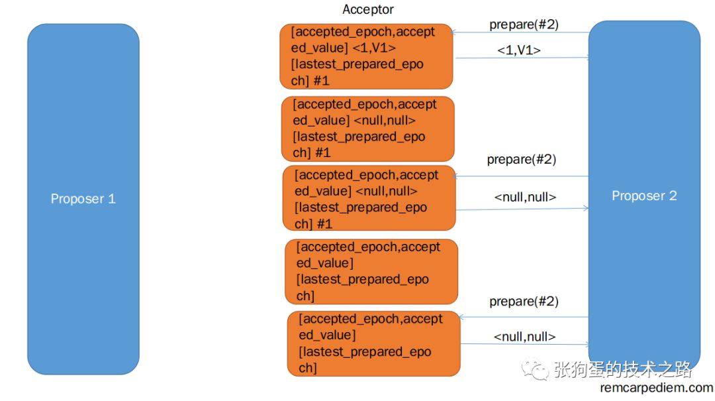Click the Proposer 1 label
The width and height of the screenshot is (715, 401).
click(x=83, y=199)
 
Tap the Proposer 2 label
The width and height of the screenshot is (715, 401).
click(x=644, y=196)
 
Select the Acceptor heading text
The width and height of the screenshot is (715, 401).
click(x=368, y=9)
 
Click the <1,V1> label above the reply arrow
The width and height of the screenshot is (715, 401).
click(x=518, y=50)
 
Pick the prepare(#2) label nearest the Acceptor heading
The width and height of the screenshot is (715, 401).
click(x=524, y=25)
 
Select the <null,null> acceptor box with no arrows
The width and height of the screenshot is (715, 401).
click(x=368, y=129)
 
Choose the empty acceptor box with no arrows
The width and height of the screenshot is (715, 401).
click(x=371, y=271)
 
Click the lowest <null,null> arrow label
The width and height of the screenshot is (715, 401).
click(x=524, y=337)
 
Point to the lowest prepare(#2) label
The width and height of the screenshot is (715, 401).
click(x=524, y=302)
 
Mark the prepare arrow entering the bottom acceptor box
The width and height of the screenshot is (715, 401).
click(x=523, y=317)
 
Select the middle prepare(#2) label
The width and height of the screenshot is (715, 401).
click(x=521, y=160)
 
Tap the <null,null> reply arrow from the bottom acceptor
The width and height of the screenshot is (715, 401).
click(x=523, y=344)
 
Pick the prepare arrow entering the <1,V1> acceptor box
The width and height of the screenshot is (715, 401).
click(x=520, y=32)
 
